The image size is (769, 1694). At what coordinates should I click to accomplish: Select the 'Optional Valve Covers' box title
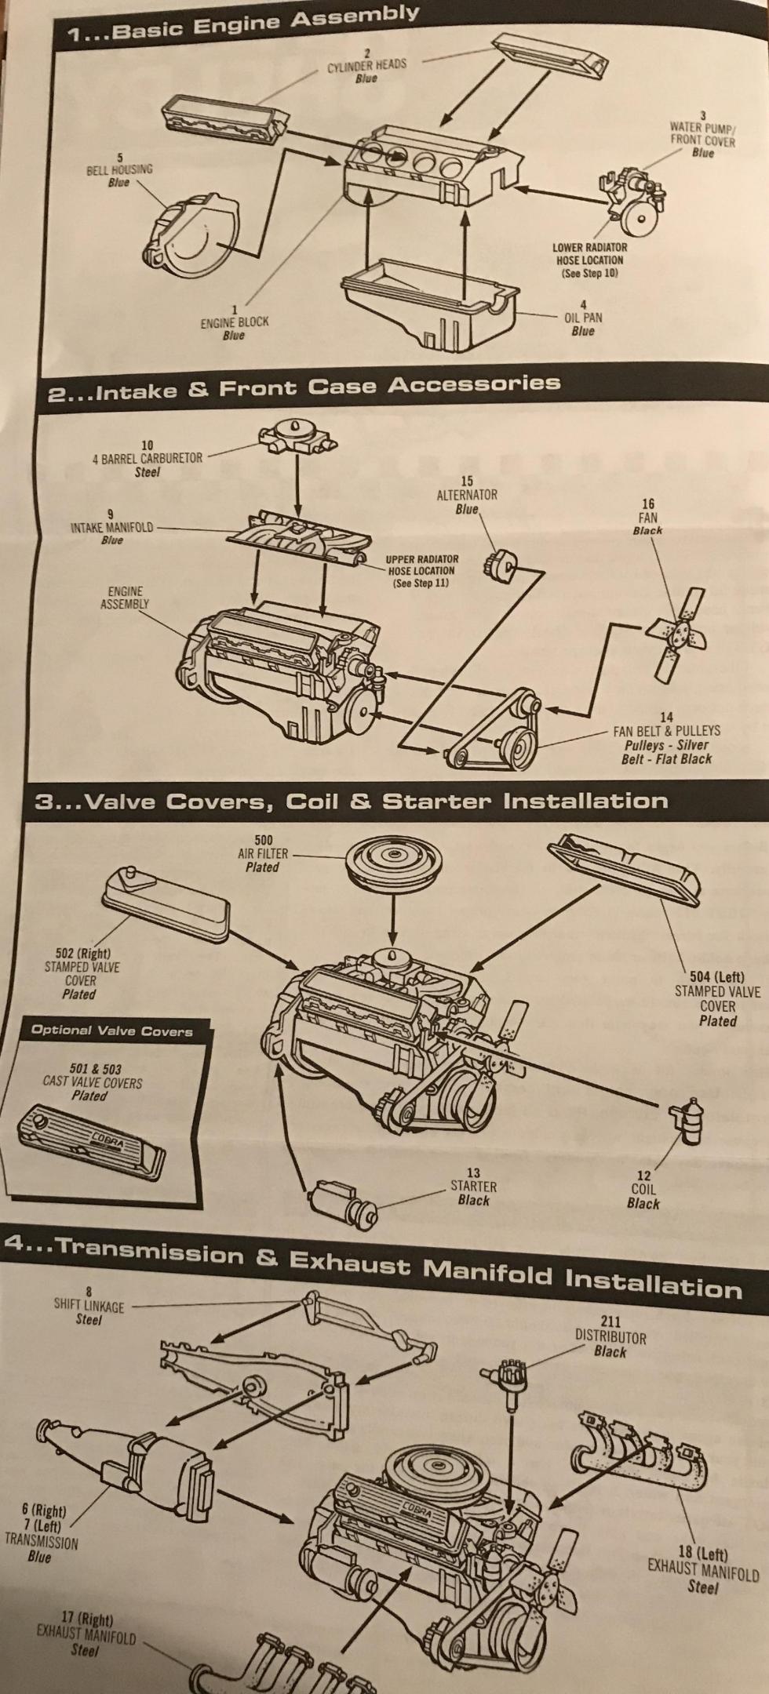point(111,1030)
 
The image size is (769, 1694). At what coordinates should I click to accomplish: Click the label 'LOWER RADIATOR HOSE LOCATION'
point(589,260)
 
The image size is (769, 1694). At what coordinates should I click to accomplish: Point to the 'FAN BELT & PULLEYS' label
point(666,729)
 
